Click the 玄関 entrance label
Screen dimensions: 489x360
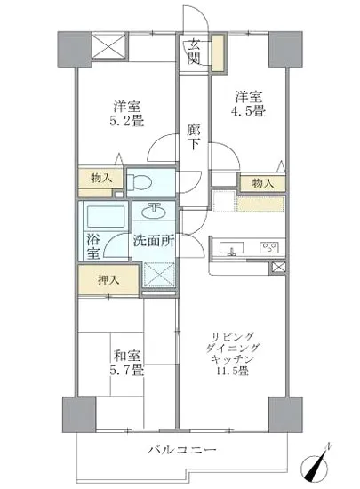tap(193, 54)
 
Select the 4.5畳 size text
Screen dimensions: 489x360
tap(249, 111)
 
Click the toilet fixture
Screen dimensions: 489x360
tap(141, 181)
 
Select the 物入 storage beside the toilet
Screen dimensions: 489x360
tap(101, 179)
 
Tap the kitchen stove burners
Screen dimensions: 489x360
tap(268, 246)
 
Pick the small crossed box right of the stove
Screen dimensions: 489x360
tap(278, 268)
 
